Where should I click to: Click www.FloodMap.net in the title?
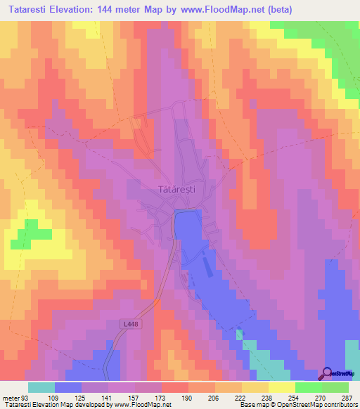(226, 10)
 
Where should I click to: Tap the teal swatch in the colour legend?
(41, 388)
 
